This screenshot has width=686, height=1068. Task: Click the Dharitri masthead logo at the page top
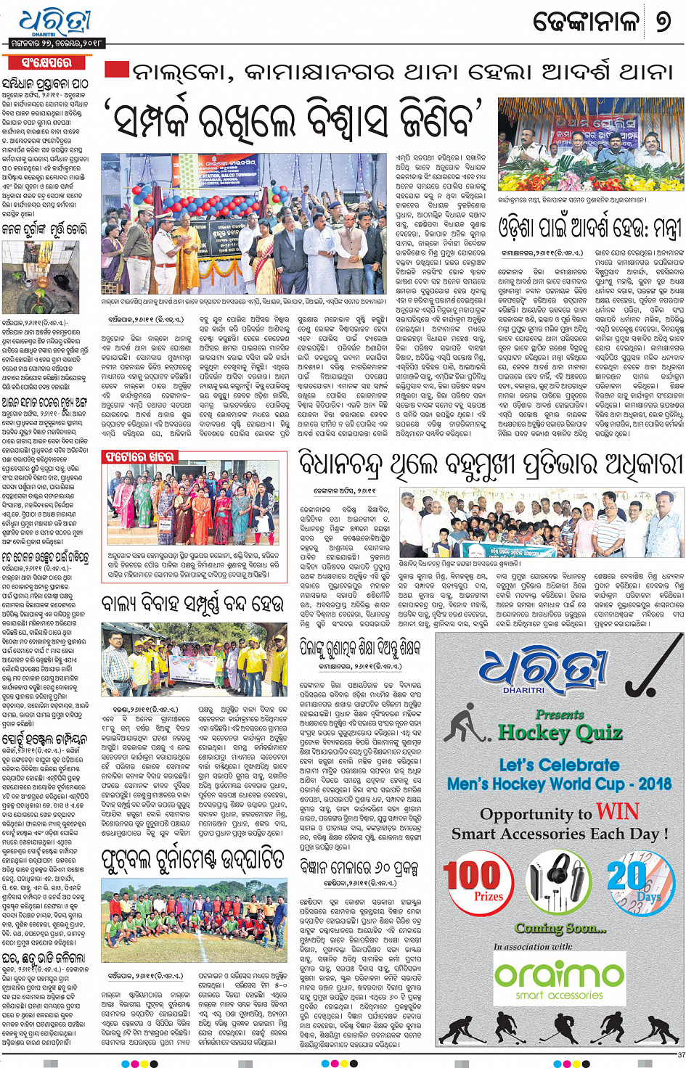tap(55, 22)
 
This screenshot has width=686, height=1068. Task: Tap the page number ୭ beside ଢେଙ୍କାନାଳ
tap(663, 22)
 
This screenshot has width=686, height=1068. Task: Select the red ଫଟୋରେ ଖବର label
tap(139, 457)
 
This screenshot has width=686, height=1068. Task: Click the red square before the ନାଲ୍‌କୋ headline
tap(117, 70)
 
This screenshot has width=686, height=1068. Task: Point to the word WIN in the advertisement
tap(617, 811)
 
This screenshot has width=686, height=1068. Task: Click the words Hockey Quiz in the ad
tap(560, 732)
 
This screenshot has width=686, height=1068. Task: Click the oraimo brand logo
tap(559, 972)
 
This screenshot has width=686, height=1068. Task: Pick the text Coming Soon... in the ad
tap(560, 928)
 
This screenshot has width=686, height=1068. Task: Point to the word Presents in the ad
tap(560, 715)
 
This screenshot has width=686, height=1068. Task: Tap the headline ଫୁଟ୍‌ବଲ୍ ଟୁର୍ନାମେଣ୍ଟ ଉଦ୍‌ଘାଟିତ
tap(192, 860)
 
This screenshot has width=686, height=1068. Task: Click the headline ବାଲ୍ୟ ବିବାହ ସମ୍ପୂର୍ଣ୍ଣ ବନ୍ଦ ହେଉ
tap(192, 604)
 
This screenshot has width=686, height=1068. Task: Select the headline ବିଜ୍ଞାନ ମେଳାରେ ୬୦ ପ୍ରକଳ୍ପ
tap(359, 866)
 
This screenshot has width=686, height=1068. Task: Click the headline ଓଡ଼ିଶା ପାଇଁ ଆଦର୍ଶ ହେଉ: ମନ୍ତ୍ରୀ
tap(590, 229)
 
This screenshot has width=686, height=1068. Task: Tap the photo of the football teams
tap(195, 920)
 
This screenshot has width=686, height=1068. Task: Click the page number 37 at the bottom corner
tap(680, 1055)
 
